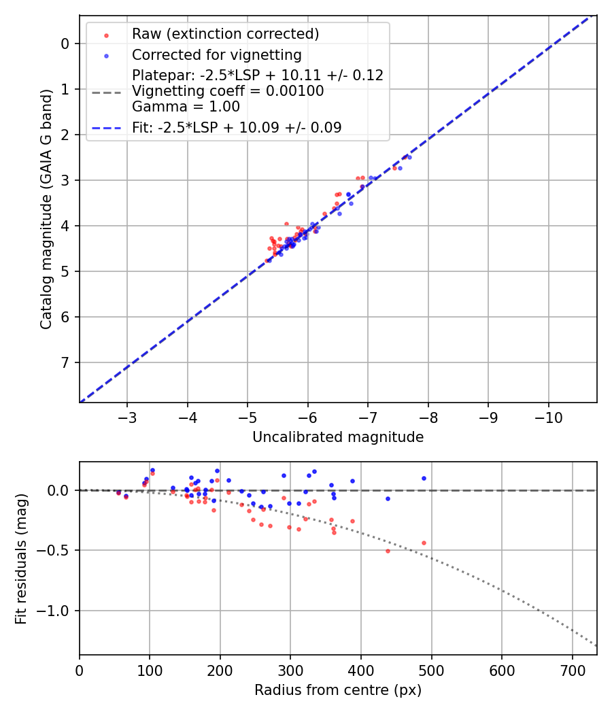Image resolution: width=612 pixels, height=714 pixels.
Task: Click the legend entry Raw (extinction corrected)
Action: pyautogui.click(x=225, y=34)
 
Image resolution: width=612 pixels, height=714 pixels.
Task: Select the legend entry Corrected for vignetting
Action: pyautogui.click(x=216, y=54)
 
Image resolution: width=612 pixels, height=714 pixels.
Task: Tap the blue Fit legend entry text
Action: pyautogui.click(x=237, y=127)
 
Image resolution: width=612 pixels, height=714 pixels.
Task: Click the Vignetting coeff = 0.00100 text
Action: pyautogui.click(x=228, y=91)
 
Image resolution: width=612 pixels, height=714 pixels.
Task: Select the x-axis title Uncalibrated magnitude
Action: pyautogui.click(x=338, y=437)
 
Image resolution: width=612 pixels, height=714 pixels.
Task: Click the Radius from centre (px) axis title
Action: pyautogui.click(x=338, y=690)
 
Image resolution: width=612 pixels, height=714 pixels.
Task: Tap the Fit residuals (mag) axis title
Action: pyautogui.click(x=21, y=558)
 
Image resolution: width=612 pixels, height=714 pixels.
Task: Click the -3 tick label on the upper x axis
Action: pyautogui.click(x=127, y=417)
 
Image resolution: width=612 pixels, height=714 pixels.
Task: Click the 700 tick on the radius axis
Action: pyautogui.click(x=572, y=670)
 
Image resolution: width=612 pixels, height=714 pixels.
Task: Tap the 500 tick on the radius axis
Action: pyautogui.click(x=431, y=670)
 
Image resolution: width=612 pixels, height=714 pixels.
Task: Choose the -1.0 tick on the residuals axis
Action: pyautogui.click(x=57, y=611)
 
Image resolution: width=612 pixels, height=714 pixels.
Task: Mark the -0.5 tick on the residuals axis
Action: pyautogui.click(x=57, y=550)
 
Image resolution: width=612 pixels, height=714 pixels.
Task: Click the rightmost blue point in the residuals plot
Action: pyautogui.click(x=424, y=478)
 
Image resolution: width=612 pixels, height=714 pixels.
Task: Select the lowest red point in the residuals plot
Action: pyautogui.click(x=388, y=550)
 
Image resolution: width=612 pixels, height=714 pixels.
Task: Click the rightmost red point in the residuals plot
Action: pyautogui.click(x=424, y=543)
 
